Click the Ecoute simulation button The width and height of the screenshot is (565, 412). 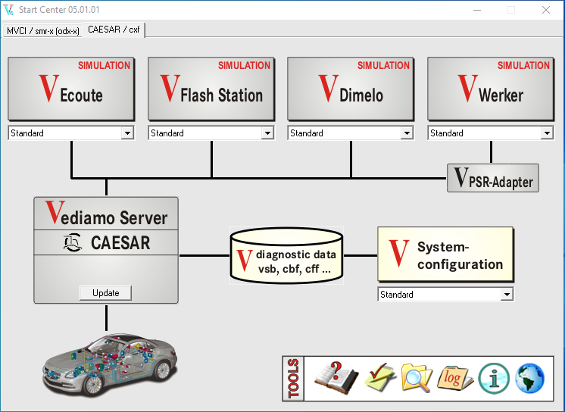70,89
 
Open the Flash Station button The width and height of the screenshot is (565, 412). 211,89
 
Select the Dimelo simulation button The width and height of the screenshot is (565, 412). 350,89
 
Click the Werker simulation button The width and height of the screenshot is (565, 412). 490,89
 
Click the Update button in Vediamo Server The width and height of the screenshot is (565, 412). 105,292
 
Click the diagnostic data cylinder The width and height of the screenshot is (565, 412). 286,255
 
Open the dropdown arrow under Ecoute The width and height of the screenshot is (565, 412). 127,133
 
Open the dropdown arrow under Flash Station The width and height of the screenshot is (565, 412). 267,133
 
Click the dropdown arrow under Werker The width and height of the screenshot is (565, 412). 547,133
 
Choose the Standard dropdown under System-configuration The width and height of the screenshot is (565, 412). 445,295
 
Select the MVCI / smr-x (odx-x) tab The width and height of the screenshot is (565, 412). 43,30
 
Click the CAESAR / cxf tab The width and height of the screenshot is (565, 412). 114,30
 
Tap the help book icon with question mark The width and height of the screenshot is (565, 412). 336,376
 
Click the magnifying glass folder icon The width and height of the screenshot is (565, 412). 416,376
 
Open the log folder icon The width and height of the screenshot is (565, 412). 455,376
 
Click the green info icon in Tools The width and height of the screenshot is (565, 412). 494,377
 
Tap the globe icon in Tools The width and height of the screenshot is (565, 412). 530,377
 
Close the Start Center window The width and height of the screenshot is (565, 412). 545,10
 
